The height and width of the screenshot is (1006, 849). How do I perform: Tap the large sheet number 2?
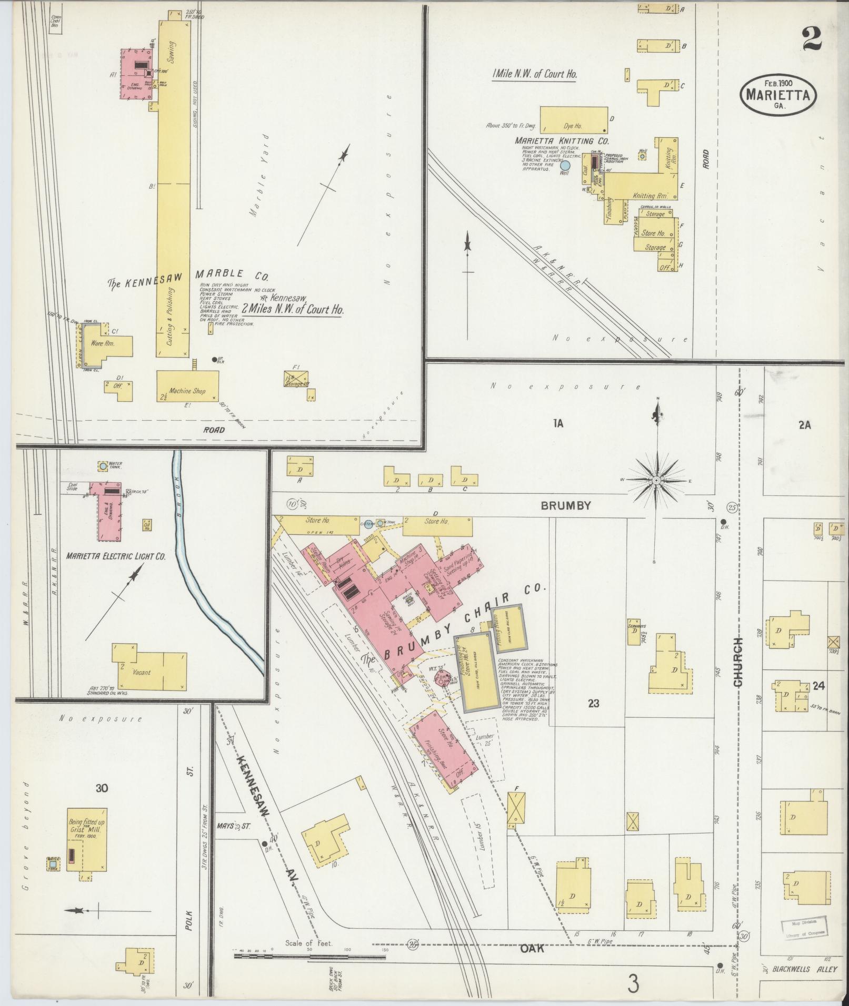tap(813, 39)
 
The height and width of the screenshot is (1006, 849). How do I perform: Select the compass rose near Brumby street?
tap(657, 481)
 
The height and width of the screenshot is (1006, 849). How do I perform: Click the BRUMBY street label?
tap(566, 505)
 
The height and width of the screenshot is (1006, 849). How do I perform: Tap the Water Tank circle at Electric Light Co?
tap(102, 466)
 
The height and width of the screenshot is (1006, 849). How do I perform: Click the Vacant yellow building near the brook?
tap(149, 672)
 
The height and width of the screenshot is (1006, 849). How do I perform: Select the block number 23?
tap(593, 703)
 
